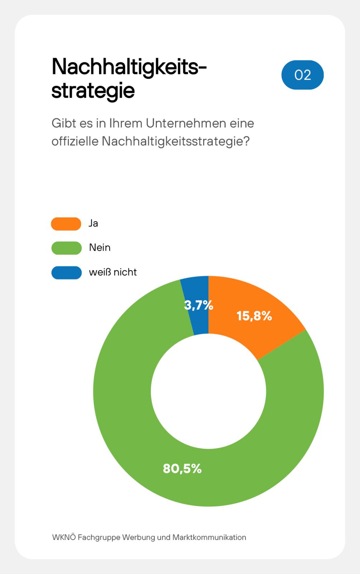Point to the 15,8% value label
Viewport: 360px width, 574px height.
[x=254, y=316]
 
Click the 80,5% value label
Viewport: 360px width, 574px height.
[x=182, y=469]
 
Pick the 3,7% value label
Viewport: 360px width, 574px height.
[x=198, y=305]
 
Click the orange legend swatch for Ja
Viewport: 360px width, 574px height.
[x=66, y=224]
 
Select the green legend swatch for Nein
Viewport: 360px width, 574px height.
[x=66, y=248]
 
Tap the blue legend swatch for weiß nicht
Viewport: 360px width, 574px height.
[x=66, y=272]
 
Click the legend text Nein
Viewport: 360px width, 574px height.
[x=100, y=248]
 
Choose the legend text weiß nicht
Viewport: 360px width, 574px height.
[x=113, y=272]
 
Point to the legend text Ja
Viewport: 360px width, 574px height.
[x=93, y=224]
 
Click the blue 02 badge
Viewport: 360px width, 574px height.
[x=302, y=75]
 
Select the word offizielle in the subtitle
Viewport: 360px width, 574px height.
[x=75, y=141]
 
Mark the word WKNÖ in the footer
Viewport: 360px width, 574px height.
[x=64, y=537]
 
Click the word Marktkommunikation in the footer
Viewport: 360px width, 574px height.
[x=209, y=537]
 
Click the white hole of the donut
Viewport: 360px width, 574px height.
[x=208, y=391]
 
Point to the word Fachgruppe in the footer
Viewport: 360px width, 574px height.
[x=99, y=537]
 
